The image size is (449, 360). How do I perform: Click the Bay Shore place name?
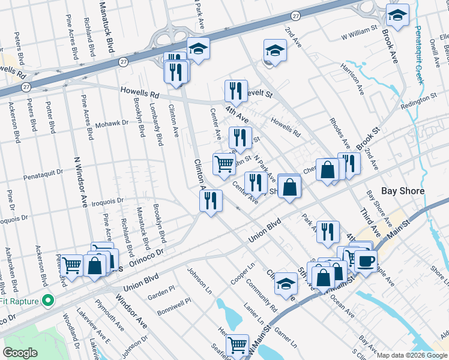click(x=403, y=191)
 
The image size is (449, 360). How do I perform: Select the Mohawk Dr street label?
click(x=112, y=124)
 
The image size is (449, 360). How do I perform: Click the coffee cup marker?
click(x=366, y=260)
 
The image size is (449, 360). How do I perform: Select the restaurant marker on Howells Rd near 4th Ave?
click(x=236, y=91)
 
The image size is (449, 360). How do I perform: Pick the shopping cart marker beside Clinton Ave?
click(x=224, y=163)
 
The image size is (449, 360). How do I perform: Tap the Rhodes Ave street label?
click(x=340, y=131)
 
